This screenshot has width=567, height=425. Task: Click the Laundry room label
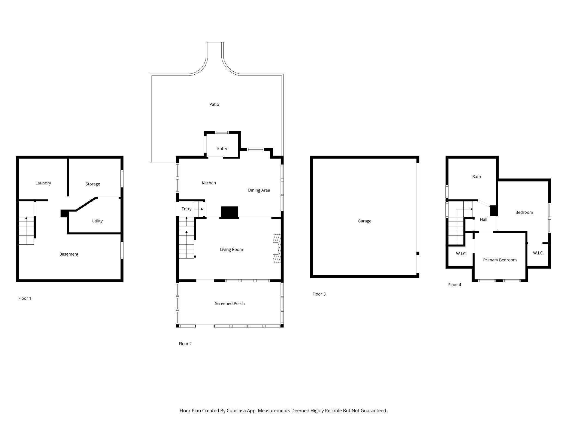pos(43,183)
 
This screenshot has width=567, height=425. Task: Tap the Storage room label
pos(93,184)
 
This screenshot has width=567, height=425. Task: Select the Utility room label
pos(97,221)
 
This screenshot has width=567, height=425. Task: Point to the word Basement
pos(69,254)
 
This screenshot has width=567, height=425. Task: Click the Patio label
pos(214,104)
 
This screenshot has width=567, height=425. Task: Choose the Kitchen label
pos(209,183)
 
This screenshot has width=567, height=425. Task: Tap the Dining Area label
pos(259,190)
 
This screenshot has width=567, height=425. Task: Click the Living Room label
pos(231,250)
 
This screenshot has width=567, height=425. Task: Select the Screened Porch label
pos(230,303)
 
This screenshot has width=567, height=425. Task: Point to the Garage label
pos(364,221)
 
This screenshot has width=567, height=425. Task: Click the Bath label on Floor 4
pos(476,177)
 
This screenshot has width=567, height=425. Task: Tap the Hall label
pos(484,219)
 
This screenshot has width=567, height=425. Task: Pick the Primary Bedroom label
pos(500,260)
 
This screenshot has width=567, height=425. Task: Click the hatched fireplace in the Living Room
pos(277,248)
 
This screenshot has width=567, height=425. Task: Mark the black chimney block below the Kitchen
pos(229,212)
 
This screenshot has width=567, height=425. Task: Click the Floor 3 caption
pos(319,294)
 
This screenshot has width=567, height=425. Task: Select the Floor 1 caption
pos(25,298)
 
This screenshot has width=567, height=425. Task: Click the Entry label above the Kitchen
pos(222,148)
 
